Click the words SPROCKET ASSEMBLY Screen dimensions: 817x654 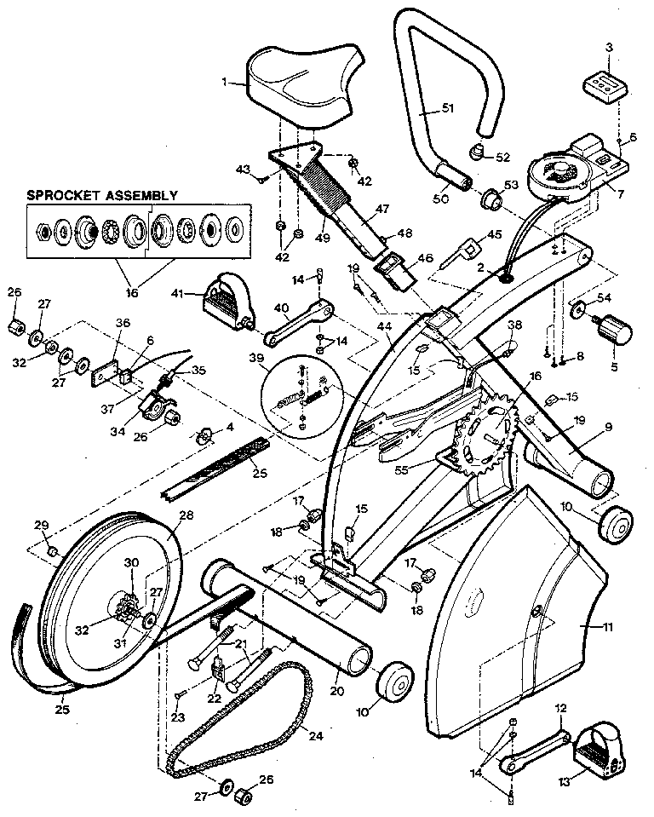(x=102, y=195)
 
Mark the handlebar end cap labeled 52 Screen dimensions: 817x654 (x=476, y=152)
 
